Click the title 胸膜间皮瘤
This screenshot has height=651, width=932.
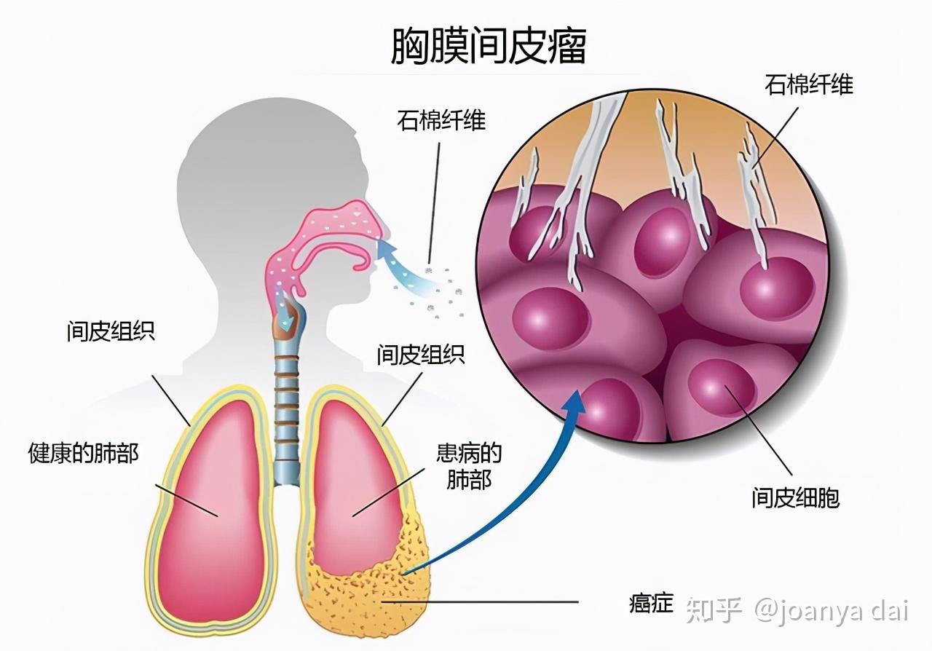pos(489,46)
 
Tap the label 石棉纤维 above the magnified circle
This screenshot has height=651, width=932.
pos(809,84)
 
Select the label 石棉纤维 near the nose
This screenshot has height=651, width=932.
pos(441,120)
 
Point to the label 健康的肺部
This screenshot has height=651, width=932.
pos(83,453)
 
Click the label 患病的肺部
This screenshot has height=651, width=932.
pos(469,467)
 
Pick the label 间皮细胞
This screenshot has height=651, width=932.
pos(795,498)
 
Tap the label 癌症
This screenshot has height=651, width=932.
pos(651,602)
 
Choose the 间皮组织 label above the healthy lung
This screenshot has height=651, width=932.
pos(111,331)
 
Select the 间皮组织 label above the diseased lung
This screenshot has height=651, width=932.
pos(421,355)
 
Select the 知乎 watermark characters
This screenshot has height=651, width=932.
pos(714,610)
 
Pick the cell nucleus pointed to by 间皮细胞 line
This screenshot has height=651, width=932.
pos(722,388)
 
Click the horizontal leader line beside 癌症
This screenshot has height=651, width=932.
pos(480,601)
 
